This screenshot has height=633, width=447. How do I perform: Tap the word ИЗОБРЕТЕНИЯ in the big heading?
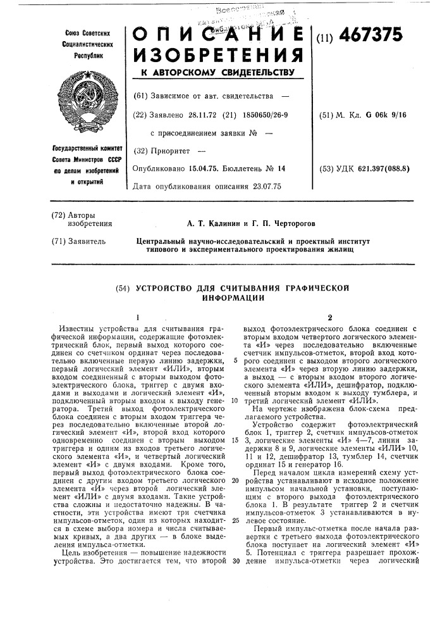tap(215, 54)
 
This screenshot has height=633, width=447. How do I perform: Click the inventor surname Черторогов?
tap(288, 223)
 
